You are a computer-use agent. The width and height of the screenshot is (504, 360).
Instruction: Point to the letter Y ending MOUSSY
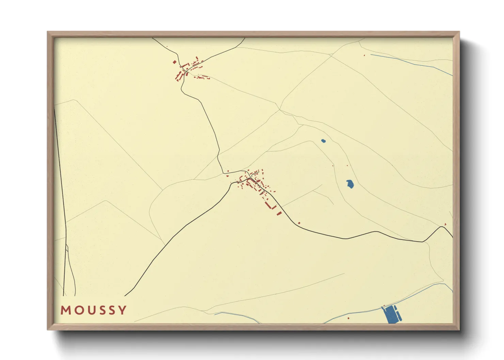coord(122,310)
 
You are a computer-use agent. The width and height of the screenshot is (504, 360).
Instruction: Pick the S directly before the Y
coord(111,310)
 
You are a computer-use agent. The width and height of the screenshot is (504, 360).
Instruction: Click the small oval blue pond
coord(323,141)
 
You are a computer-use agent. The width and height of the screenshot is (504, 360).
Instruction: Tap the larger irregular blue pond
coord(350,184)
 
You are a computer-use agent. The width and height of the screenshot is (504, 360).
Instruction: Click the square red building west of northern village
coord(175,62)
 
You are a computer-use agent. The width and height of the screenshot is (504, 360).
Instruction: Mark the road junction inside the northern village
coord(184,70)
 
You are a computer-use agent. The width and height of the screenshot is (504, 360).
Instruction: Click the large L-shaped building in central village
coord(271,206)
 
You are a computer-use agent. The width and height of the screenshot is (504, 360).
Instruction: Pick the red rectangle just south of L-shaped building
coord(279,213)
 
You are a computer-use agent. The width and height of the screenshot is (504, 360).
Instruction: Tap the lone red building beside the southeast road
coord(299,223)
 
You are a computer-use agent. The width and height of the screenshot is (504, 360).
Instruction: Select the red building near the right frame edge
coord(445,224)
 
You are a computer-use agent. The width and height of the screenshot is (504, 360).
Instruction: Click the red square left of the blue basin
coord(348,318)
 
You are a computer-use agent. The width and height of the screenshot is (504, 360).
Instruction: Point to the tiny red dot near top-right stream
coord(364,55)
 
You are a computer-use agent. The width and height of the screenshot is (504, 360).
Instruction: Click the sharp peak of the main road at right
coord(442,227)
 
